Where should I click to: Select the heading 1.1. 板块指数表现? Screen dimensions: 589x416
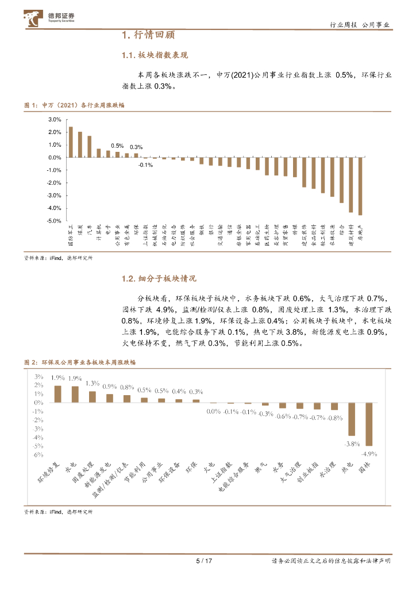coord(155,55)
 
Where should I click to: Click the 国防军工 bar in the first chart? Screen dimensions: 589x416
coord(71,142)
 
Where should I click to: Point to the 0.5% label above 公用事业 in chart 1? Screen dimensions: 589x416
coord(117,146)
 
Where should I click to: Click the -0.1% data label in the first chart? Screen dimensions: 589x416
coord(145,165)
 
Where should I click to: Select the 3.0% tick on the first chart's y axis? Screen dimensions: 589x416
coord(55,120)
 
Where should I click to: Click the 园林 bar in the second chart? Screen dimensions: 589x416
coord(369,424)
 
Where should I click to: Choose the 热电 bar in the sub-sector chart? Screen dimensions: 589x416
coord(352,419)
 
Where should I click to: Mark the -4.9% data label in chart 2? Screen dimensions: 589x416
coord(369,454)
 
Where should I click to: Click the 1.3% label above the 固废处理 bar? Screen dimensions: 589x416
coord(93,384)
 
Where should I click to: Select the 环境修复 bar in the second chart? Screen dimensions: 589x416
coord(57,394)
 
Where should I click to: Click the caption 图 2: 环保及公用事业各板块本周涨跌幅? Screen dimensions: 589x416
coord(80,363)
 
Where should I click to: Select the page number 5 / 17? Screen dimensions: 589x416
coord(204,561)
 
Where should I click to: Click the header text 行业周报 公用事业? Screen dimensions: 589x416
coord(360,25)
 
